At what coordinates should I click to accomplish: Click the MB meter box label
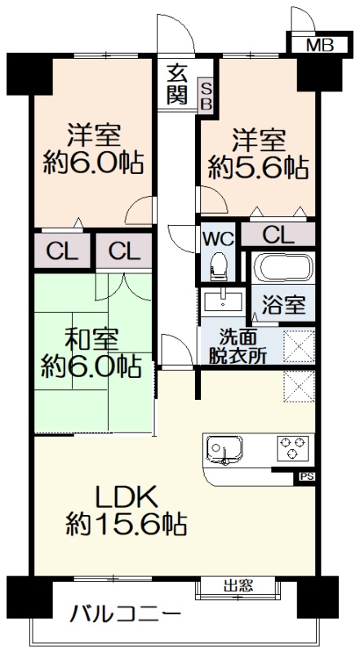pyautogui.click(x=319, y=45)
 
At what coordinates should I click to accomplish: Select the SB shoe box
pyautogui.click(x=207, y=96)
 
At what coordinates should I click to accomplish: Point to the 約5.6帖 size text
pyautogui.click(x=258, y=167)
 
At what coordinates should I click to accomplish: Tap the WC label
pyautogui.click(x=218, y=239)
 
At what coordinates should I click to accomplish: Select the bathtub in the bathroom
pyautogui.click(x=283, y=269)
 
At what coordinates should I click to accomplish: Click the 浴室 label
pyautogui.click(x=284, y=305)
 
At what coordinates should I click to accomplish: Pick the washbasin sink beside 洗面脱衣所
pyautogui.click(x=224, y=300)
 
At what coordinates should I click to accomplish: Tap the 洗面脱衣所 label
pyautogui.click(x=238, y=344)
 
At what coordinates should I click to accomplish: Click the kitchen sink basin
pyautogui.click(x=224, y=450)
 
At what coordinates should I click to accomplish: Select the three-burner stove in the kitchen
pyautogui.click(x=292, y=447)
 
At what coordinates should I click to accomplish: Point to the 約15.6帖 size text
pyautogui.click(x=126, y=525)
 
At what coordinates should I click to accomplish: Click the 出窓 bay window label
pyautogui.click(x=238, y=585)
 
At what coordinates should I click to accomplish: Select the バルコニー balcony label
pyautogui.click(x=126, y=614)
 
